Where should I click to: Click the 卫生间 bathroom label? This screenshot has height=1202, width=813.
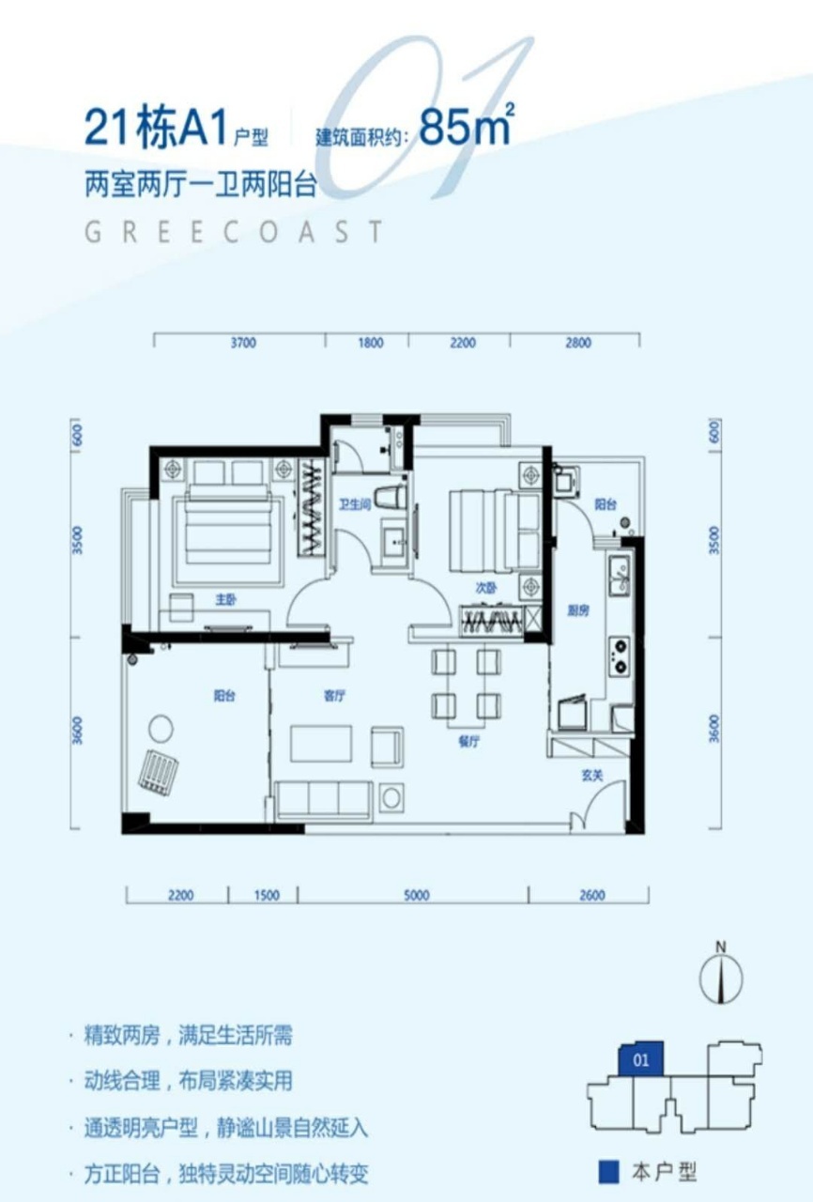click(x=355, y=504)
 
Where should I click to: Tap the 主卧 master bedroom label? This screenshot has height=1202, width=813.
click(x=225, y=600)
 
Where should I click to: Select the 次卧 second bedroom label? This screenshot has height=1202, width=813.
click(x=486, y=588)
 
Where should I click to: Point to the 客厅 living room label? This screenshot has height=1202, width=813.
click(x=334, y=696)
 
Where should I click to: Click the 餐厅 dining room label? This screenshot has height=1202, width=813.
click(x=468, y=742)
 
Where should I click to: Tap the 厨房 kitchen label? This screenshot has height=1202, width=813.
click(x=578, y=610)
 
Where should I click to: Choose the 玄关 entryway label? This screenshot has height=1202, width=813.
click(x=592, y=776)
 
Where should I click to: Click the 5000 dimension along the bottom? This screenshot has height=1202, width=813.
click(x=416, y=896)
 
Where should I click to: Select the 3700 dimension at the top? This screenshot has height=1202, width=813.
click(x=243, y=343)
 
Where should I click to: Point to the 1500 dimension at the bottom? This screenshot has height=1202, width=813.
click(x=267, y=896)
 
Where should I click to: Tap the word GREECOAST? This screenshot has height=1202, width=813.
click(x=234, y=232)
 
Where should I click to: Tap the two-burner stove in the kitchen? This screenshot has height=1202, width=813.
click(x=620, y=655)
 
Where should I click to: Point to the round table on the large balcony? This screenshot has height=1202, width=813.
click(x=161, y=729)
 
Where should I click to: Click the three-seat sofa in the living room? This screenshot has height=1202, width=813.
click(x=323, y=800)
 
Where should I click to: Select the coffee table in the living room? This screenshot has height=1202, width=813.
click(x=321, y=744)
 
